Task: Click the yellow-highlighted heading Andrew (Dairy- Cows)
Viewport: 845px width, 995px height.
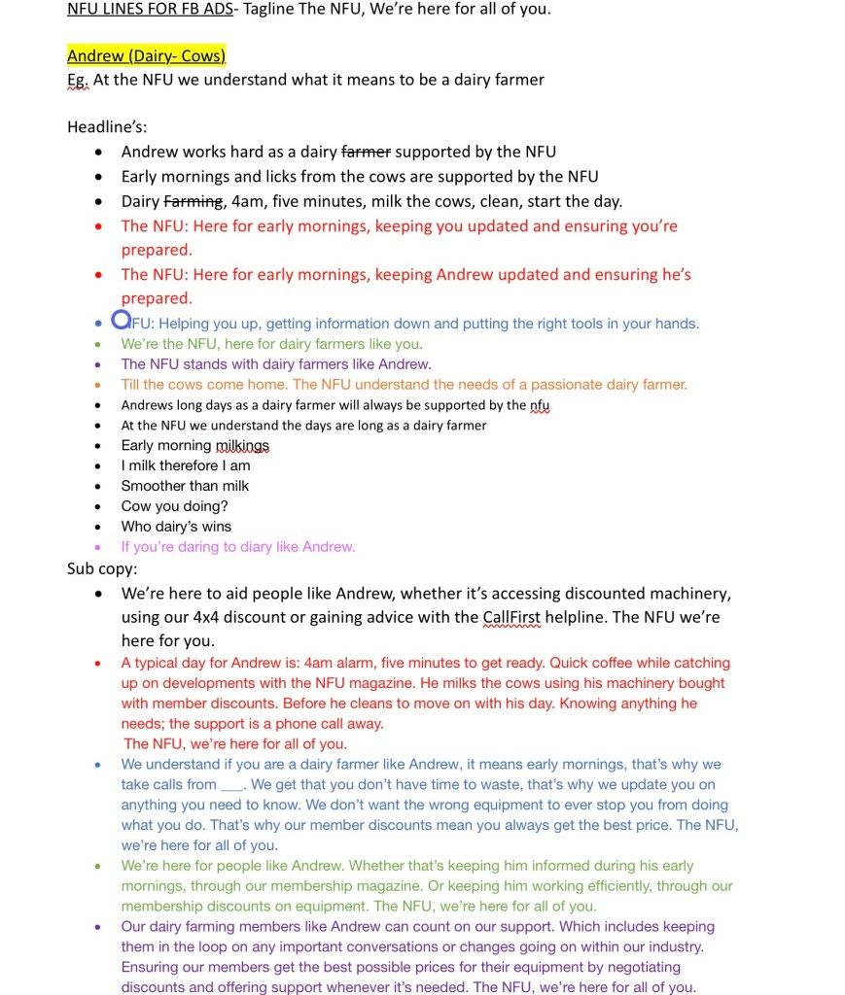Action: click(146, 56)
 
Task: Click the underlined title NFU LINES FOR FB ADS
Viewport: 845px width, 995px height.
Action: click(150, 10)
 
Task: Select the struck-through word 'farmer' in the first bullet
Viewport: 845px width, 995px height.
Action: click(366, 152)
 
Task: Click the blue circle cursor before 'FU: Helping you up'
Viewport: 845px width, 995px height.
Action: click(121, 319)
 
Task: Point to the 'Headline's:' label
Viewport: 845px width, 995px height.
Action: click(107, 126)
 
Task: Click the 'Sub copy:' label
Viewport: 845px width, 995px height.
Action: click(102, 567)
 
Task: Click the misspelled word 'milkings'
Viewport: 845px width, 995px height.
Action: click(242, 445)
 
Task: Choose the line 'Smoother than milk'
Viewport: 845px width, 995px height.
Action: click(185, 486)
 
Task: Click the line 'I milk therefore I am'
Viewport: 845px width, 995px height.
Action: click(186, 465)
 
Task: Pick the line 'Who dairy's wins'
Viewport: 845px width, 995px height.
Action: click(176, 527)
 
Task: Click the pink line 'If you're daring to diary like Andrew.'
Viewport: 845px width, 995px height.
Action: click(238, 547)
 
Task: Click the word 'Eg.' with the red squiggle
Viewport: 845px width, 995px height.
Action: click(78, 80)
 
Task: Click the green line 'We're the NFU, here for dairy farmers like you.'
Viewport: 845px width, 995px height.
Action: click(271, 344)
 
